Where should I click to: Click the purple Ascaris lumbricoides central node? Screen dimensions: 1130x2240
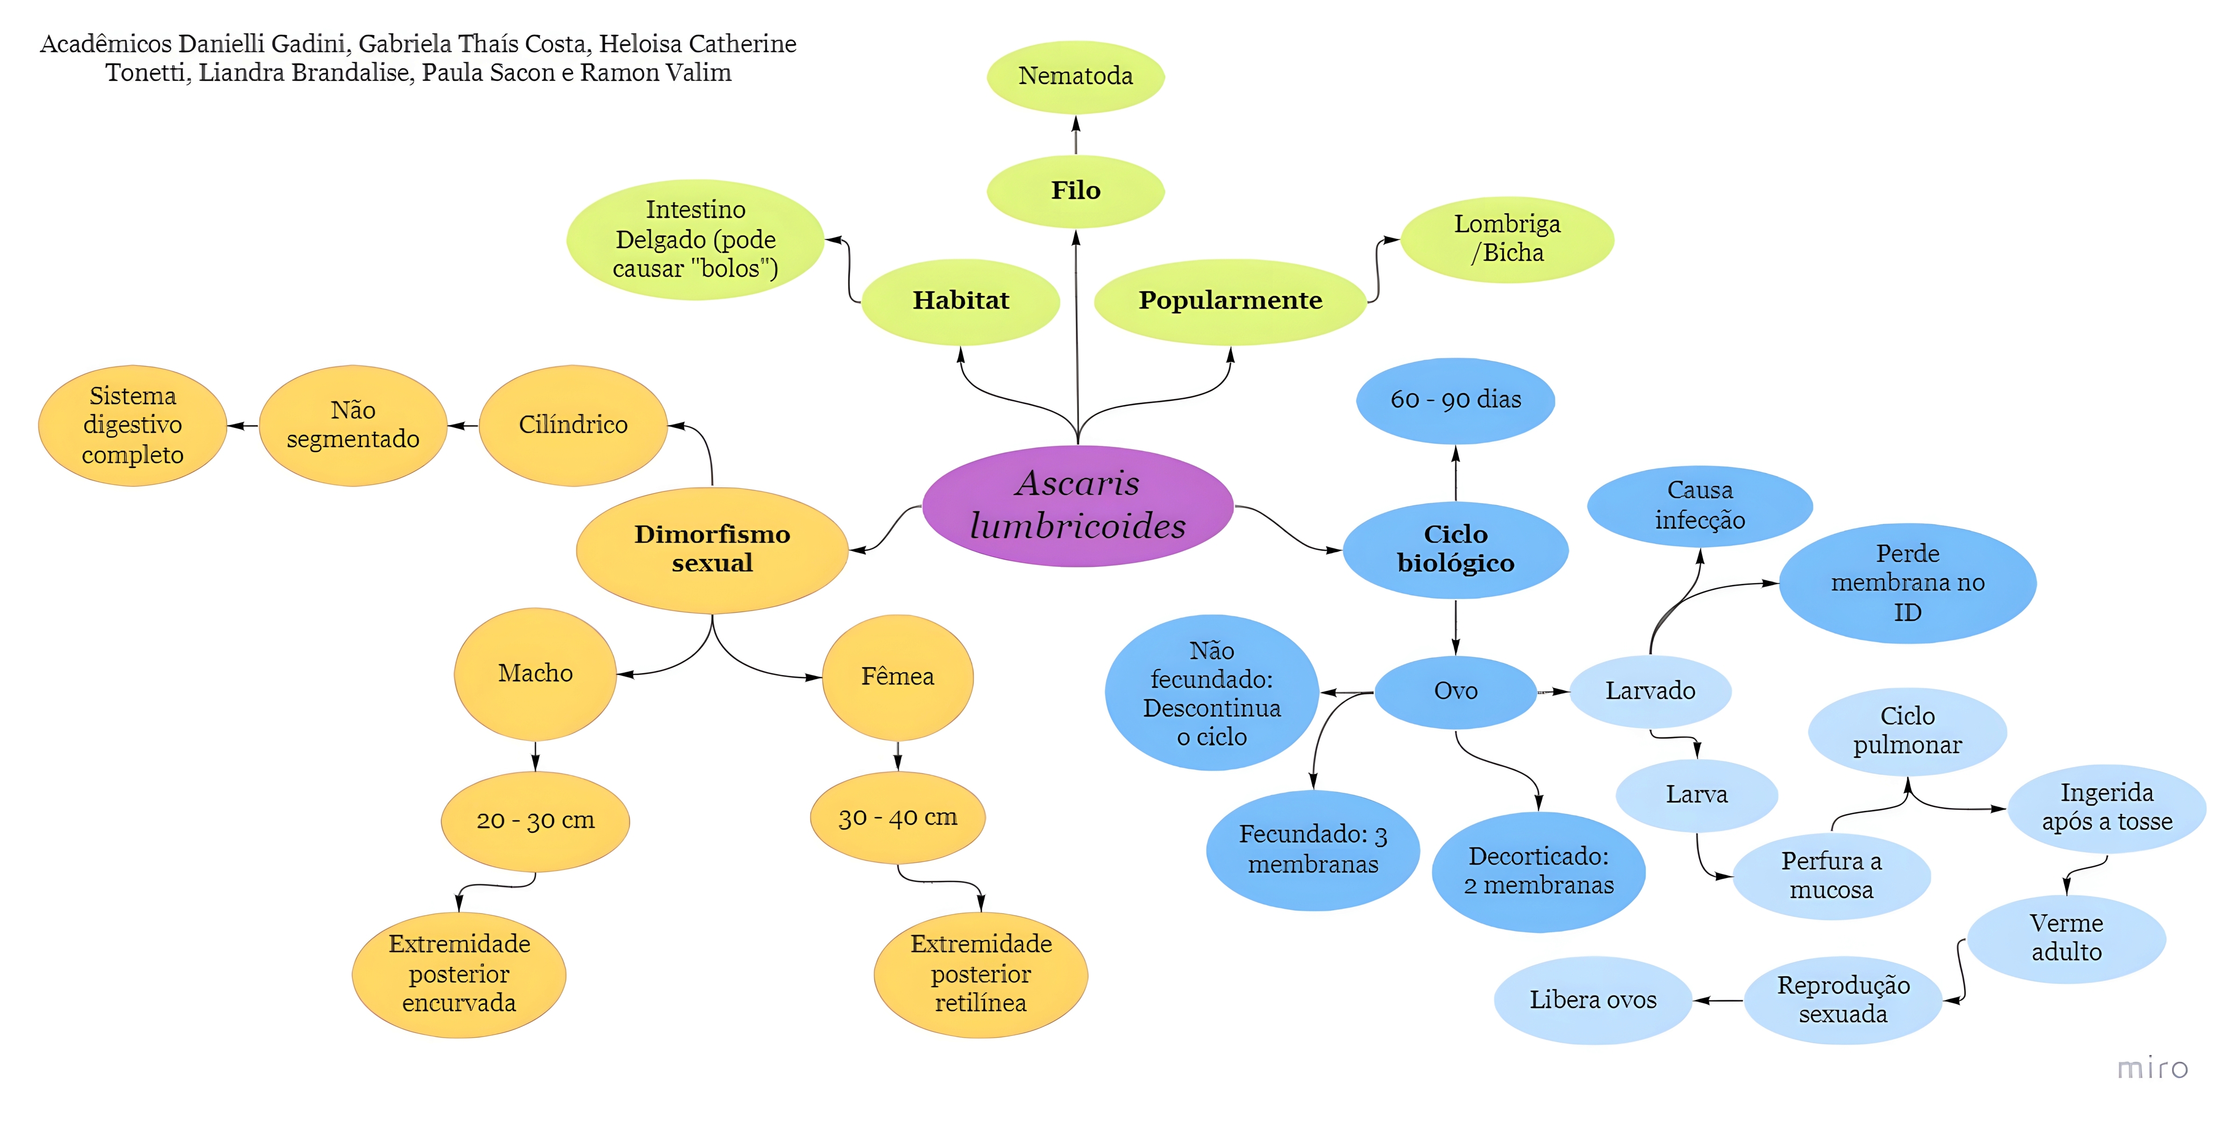(x=1078, y=505)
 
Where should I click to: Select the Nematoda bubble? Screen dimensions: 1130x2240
(x=1076, y=77)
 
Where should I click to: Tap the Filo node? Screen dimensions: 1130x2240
(x=1076, y=191)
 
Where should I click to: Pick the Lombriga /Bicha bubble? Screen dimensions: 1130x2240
(x=1507, y=238)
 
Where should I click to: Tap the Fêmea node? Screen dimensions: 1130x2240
(x=897, y=677)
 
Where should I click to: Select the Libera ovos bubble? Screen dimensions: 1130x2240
(x=1593, y=1000)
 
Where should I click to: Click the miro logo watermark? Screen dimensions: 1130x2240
(x=2152, y=1067)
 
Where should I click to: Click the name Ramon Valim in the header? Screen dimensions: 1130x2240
(x=656, y=73)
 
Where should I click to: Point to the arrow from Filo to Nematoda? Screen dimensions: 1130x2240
(x=1076, y=135)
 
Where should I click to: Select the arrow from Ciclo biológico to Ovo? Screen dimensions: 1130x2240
(x=1456, y=626)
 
